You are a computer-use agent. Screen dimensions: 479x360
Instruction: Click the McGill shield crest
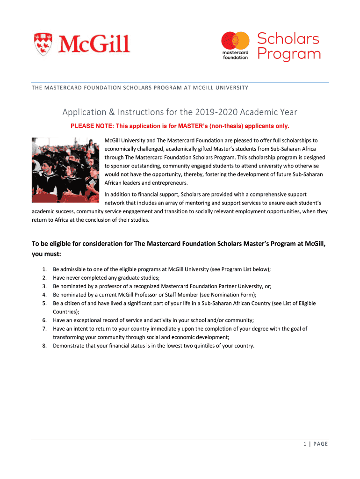pos(43,44)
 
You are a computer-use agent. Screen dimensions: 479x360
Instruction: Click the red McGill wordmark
pos(94,44)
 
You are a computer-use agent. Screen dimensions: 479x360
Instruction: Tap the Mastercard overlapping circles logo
pos(236,41)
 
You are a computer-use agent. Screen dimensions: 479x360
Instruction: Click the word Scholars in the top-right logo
pos(288,38)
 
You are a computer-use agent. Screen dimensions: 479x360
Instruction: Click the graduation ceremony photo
pos(65,170)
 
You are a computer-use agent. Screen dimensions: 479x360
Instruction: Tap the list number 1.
pos(44,269)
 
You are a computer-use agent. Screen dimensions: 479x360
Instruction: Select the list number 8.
pos(44,346)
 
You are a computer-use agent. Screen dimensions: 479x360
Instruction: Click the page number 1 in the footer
pos(304,444)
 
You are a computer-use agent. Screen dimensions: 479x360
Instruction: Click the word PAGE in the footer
pos(321,444)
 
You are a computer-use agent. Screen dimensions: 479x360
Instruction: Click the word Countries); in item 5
pos(66,312)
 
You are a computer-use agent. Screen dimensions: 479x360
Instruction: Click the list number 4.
pos(44,295)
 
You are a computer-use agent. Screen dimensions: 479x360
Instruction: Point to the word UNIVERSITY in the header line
pos(231,88)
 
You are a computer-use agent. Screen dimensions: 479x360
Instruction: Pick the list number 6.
pos(44,320)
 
